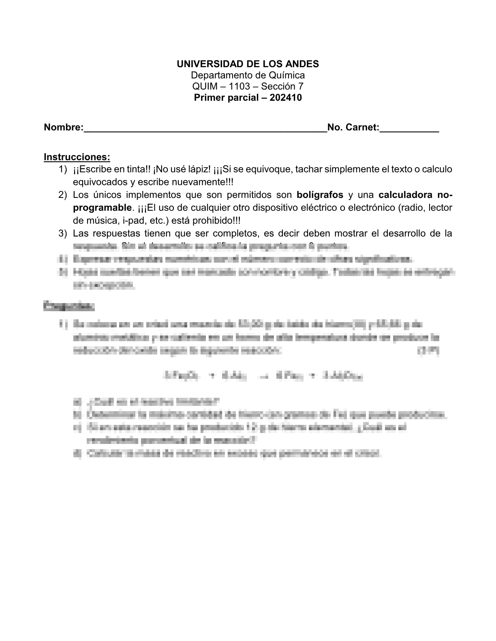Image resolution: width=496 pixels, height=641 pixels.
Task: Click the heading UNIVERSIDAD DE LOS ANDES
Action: click(248, 64)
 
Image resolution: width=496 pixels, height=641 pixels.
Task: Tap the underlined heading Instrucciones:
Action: click(77, 157)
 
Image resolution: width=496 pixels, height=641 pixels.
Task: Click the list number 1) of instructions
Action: click(62, 169)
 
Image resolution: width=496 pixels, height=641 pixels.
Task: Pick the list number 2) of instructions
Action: click(62, 195)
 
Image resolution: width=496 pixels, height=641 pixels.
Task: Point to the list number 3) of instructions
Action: click(62, 233)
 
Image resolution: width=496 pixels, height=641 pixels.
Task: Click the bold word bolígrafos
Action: click(320, 195)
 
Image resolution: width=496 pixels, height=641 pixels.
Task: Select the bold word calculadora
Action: click(405, 195)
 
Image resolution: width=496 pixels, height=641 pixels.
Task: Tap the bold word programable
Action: click(103, 208)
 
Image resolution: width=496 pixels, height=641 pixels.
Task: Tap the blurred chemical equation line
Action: click(263, 376)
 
